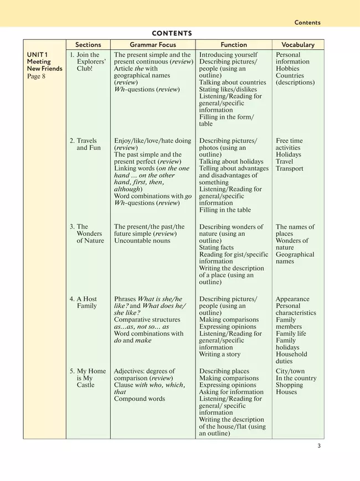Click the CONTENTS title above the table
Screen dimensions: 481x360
[x=172, y=33]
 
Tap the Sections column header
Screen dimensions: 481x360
[x=88, y=45]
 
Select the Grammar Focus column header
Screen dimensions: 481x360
[x=152, y=45]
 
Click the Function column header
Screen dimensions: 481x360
[x=233, y=45]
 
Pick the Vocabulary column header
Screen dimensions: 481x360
[x=297, y=45]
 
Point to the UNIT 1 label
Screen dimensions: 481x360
[x=37, y=55]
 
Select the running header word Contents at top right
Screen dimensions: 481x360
[x=307, y=23]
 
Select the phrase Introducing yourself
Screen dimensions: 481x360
[x=228, y=55]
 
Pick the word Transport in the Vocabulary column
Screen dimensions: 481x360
[x=290, y=168]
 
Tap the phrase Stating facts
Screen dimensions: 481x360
[x=219, y=247]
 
